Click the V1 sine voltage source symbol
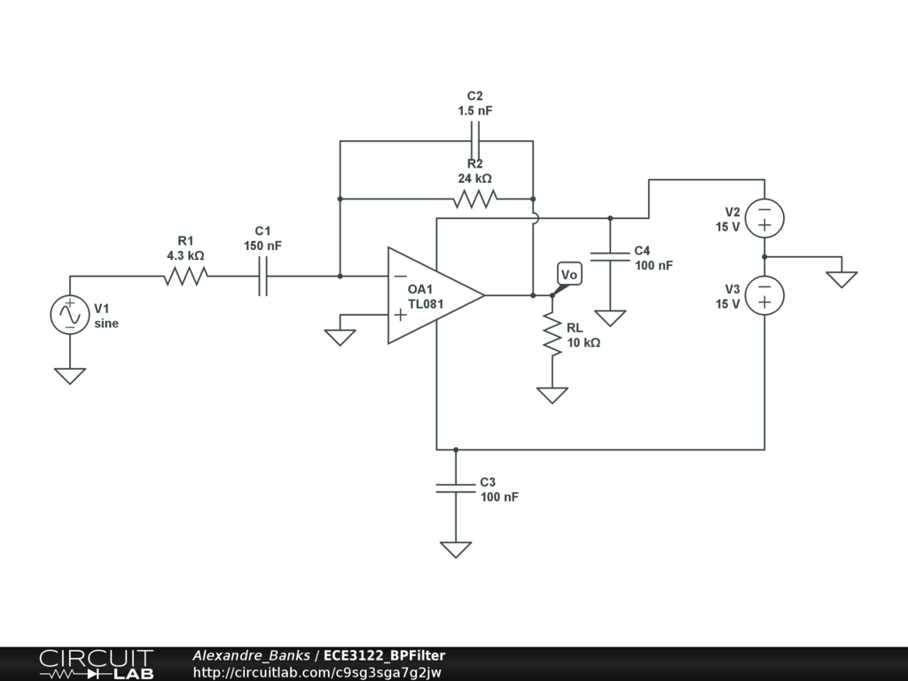(x=70, y=315)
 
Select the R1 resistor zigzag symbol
(x=185, y=277)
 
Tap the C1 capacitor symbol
(x=262, y=277)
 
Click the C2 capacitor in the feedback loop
(x=475, y=141)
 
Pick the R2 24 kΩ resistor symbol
(x=474, y=200)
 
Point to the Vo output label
(x=569, y=276)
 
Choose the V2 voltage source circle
(x=764, y=218)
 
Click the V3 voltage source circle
(x=764, y=295)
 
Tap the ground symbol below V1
(x=70, y=376)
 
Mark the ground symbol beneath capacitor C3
(x=456, y=550)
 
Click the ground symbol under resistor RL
(x=552, y=395)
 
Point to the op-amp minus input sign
(x=400, y=277)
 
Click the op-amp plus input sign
(x=400, y=314)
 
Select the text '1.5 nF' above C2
(x=475, y=111)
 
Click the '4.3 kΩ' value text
(x=185, y=255)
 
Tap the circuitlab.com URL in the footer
(x=317, y=672)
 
